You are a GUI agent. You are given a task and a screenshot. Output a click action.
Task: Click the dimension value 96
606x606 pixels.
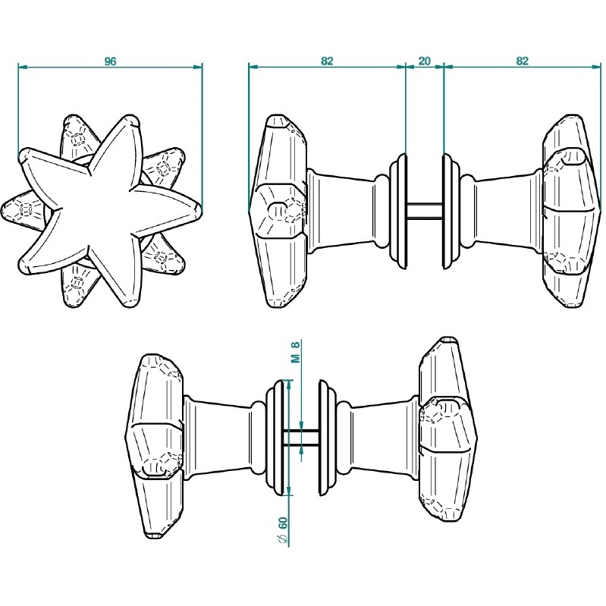[110, 61]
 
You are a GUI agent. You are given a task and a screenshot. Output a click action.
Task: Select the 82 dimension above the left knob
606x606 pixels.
[327, 61]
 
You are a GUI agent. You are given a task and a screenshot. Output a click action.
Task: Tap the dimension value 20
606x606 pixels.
[425, 61]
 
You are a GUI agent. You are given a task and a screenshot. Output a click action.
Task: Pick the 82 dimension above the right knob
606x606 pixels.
[522, 61]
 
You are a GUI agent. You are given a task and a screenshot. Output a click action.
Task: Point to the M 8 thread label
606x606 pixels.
[297, 353]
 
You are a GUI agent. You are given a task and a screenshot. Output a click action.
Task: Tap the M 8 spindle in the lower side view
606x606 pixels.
[303, 437]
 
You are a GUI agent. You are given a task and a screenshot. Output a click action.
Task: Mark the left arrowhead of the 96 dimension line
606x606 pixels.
[21, 68]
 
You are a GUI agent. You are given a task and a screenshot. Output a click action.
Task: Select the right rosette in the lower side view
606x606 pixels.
[329, 438]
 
